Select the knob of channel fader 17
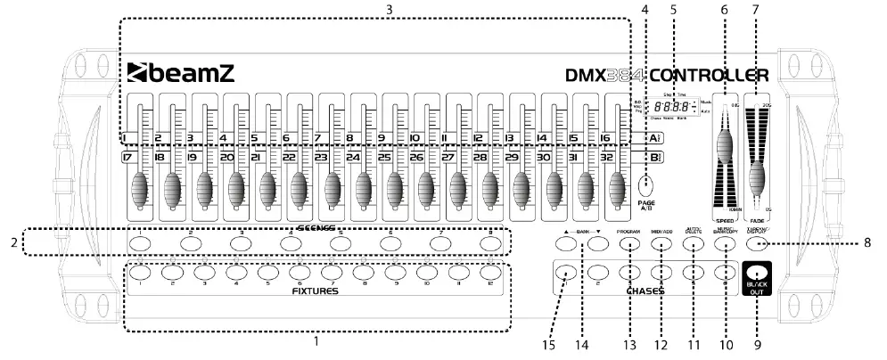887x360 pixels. click(x=140, y=190)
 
